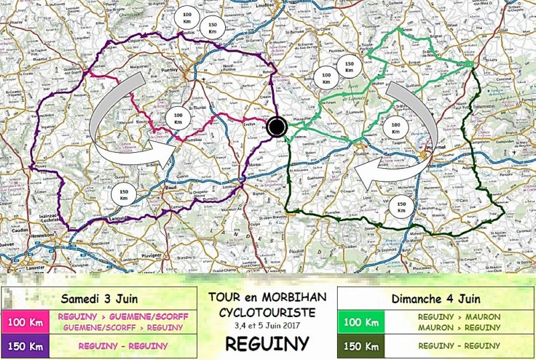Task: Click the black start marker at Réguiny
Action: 277,126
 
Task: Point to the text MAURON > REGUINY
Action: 459,327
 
